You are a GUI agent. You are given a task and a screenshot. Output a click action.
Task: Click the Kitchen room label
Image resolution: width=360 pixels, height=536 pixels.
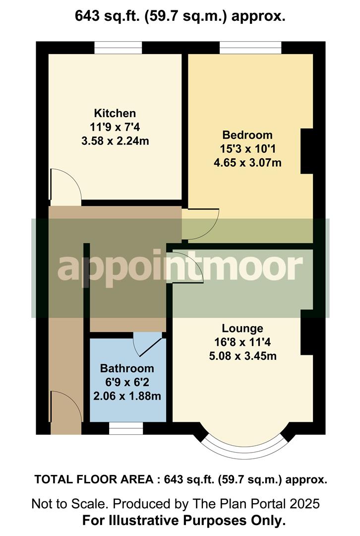click(115, 113)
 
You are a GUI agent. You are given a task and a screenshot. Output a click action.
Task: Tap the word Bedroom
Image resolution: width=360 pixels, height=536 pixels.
click(247, 135)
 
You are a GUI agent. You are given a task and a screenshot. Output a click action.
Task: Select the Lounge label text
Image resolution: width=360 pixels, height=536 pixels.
click(242, 328)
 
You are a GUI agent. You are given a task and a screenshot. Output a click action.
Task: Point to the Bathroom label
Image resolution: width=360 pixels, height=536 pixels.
click(127, 369)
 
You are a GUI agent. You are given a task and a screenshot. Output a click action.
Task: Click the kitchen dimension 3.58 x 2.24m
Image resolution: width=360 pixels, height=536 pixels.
click(115, 141)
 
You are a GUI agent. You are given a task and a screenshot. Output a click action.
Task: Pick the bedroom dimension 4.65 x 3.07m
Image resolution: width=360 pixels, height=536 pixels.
click(247, 163)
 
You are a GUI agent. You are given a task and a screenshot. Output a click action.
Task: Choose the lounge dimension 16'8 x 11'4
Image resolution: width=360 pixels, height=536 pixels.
click(242, 342)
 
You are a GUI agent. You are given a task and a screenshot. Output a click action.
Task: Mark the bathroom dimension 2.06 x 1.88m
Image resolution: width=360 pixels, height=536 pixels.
click(127, 397)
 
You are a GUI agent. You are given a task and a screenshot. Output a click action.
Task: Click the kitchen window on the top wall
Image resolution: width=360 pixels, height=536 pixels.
click(118, 48)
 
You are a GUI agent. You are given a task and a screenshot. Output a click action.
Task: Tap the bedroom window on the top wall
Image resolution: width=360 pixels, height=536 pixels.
click(250, 48)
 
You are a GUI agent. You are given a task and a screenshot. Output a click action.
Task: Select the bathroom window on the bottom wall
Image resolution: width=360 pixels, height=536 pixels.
click(126, 428)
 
